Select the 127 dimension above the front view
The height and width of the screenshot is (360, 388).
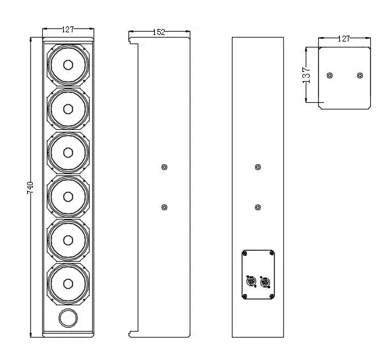tap(68, 30)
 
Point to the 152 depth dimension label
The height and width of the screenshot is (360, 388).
tap(159, 32)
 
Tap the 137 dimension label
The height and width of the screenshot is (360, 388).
tap(305, 74)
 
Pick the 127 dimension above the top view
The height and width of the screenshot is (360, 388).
tap(344, 39)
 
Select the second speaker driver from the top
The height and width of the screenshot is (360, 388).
tap(68, 109)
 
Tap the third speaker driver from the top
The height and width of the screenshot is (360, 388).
tap(68, 152)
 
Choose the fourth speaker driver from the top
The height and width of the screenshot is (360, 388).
tap(68, 196)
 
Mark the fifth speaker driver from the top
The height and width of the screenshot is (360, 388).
tap(68, 239)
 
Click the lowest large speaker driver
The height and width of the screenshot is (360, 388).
tap(68, 283)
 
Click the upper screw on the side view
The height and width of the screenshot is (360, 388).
tap(165, 167)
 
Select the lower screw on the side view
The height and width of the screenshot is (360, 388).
tap(165, 208)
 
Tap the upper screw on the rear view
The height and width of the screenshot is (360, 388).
tap(258, 167)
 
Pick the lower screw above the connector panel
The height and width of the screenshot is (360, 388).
tap(258, 208)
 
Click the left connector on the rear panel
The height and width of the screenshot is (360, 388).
tap(250, 282)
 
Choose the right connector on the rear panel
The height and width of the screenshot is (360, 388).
tap(265, 282)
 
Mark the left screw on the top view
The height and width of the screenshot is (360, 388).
tap(330, 75)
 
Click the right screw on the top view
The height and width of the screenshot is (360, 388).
tap(360, 75)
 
